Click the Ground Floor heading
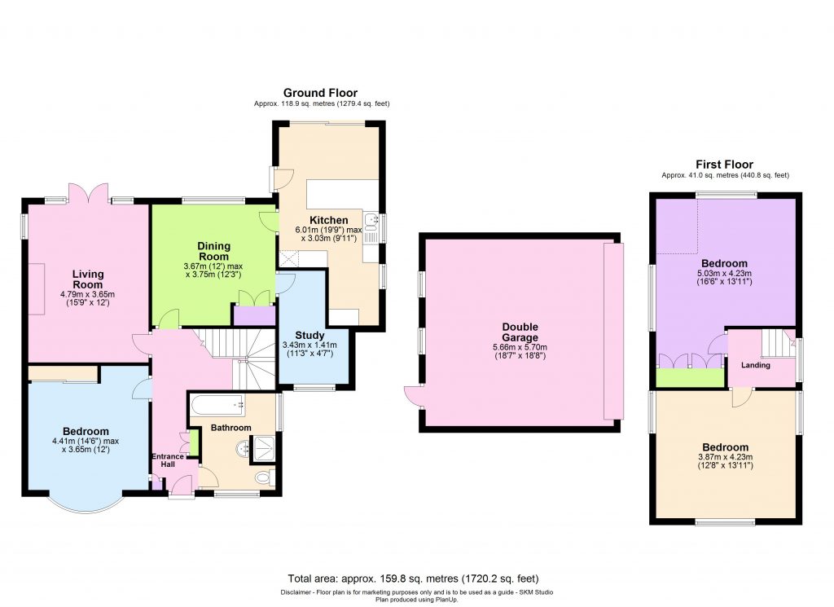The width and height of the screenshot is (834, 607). (320, 93)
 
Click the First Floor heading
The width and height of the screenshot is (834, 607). (725, 164)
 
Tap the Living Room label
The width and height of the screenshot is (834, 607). (87, 279)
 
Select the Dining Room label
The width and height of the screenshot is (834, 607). (214, 252)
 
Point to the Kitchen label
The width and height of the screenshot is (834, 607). (328, 220)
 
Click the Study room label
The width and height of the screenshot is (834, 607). (309, 335)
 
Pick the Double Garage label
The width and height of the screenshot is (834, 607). (520, 332)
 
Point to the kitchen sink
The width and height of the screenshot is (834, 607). (371, 220)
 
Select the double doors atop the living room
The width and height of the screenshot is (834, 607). (88, 194)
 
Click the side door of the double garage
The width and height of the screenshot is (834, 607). (412, 396)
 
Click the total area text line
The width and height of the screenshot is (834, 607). (413, 579)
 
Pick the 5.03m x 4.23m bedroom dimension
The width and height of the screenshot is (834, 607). (725, 274)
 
